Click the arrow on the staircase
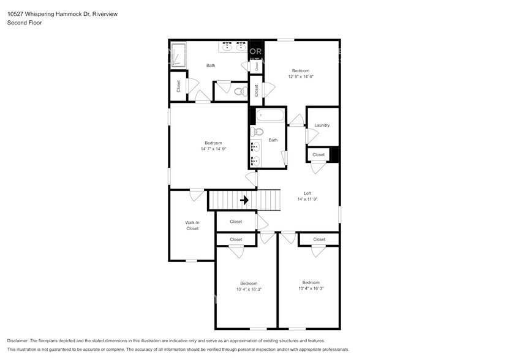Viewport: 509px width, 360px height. [244, 200]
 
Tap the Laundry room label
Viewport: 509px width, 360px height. [322, 126]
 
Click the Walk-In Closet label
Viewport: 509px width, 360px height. [192, 225]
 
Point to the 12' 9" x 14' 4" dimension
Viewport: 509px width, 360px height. [301, 77]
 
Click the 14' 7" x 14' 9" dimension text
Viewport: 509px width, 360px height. [213, 149]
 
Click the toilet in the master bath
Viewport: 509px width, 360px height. [239, 92]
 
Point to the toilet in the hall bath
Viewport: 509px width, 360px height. [258, 132]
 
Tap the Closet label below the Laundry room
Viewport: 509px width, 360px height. [319, 155]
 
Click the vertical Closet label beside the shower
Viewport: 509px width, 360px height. [179, 87]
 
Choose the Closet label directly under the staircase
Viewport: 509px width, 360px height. [236, 222]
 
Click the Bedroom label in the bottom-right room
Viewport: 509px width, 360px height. [311, 282]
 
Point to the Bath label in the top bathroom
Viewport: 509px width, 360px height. [211, 66]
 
